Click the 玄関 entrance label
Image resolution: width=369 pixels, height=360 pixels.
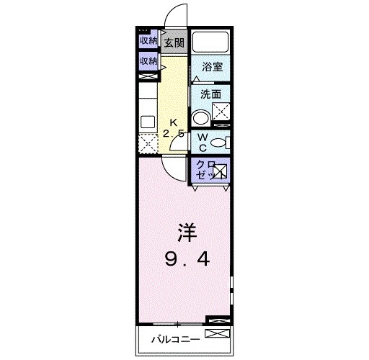pos(174,42)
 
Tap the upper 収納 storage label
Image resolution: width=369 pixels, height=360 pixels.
pos(148,41)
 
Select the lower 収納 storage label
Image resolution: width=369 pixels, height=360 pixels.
pos(148,60)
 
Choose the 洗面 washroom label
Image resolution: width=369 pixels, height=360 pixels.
pos(210,94)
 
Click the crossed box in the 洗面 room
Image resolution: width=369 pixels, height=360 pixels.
pos(220,112)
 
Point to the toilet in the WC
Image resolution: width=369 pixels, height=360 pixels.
pos(221,142)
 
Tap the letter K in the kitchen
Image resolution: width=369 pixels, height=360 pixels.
pos(173,122)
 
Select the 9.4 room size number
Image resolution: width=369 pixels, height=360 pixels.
pos(185,258)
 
